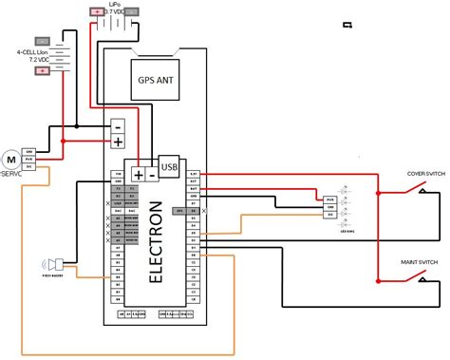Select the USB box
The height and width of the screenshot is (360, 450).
click(x=169, y=167)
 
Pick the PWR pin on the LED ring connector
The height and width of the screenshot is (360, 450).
click(x=328, y=207)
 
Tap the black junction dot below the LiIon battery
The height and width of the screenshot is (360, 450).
click(x=76, y=123)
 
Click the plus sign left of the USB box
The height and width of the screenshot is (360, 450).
click(x=139, y=175)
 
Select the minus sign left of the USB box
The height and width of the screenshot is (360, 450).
click(x=151, y=175)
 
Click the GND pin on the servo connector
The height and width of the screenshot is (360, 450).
click(x=30, y=152)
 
